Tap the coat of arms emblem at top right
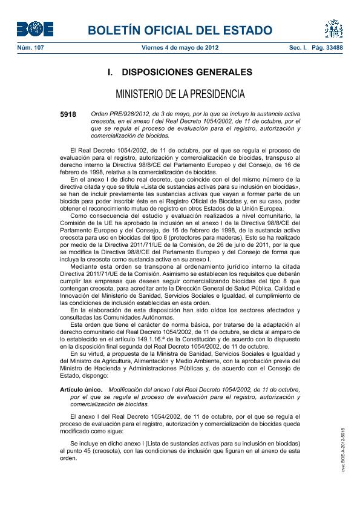[333, 28]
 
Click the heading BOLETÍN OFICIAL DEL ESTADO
[180, 30]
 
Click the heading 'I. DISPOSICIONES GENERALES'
[180, 72]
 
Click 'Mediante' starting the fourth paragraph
[84, 266]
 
